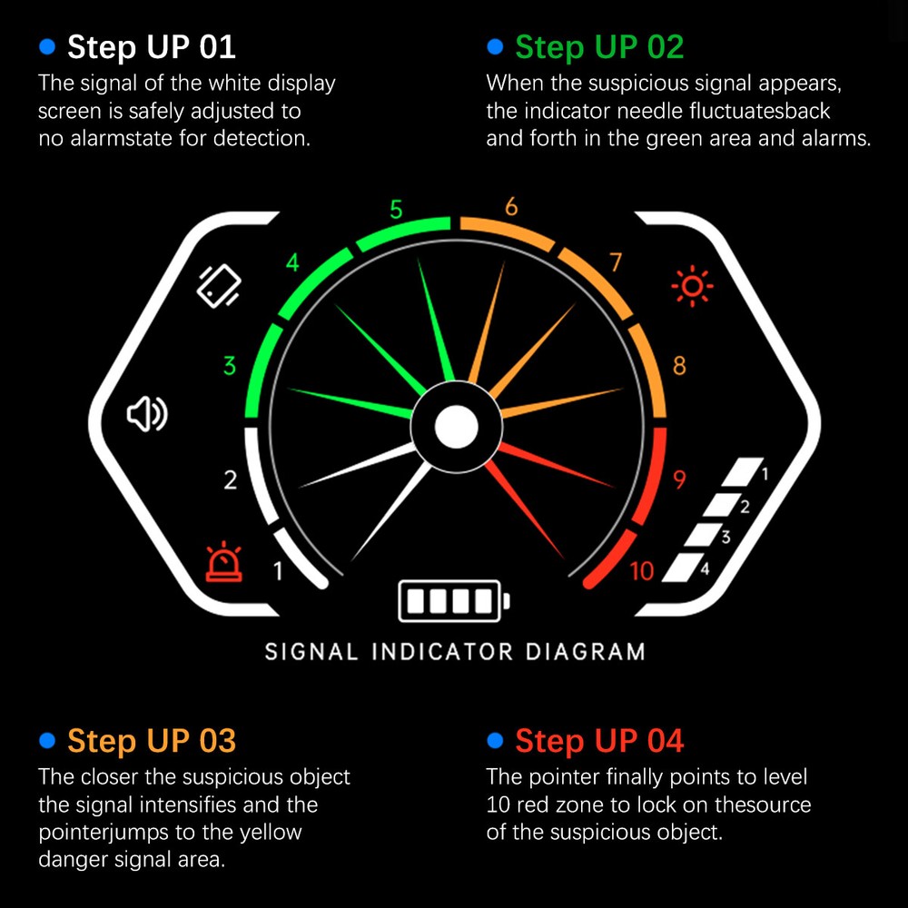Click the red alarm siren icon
coord(224,562)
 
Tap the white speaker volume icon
coord(147,414)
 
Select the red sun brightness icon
coord(692,286)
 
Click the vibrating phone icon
coord(219,286)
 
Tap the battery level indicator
coord(454,601)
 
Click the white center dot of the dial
coord(457,428)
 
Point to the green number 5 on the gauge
coord(396,210)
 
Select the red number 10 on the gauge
coord(642,571)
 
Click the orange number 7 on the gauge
coord(616,262)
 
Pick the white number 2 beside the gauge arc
coord(231,480)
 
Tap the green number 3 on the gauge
coord(230,366)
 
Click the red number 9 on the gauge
coord(679,479)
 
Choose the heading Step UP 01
coord(151,47)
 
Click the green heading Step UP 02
coord(599,47)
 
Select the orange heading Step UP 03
coord(152,741)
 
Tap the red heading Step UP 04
coord(599,741)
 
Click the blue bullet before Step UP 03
coord(47,740)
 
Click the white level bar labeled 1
coord(743,472)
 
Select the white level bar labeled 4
coord(684,567)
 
